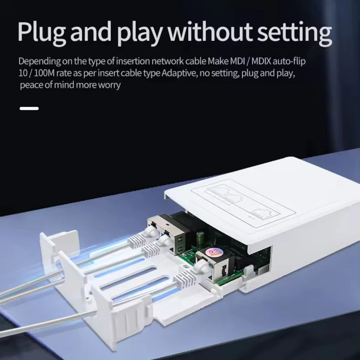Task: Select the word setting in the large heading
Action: pos(294,33)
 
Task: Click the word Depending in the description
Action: pos(40,62)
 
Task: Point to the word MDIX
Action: pos(261,61)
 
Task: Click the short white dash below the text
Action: pos(29,108)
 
